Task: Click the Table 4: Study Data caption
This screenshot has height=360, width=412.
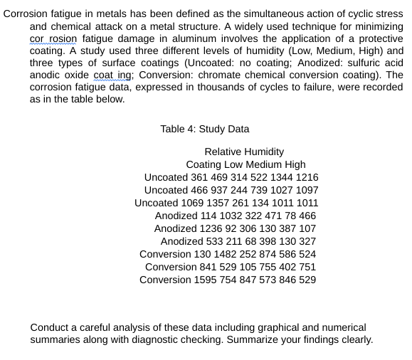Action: [x=205, y=129]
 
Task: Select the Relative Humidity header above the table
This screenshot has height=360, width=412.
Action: [x=244, y=152]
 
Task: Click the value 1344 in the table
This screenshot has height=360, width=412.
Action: [x=280, y=177]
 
